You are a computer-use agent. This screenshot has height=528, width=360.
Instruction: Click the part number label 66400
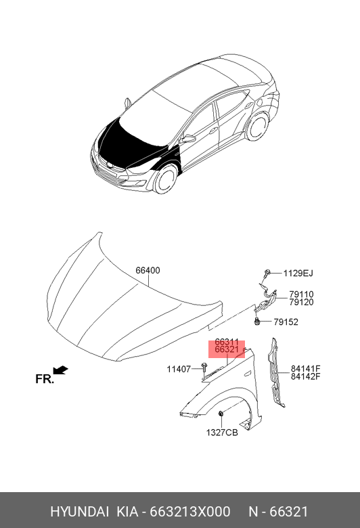[x=148, y=270]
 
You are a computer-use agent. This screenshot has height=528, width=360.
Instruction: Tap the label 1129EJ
[x=298, y=273]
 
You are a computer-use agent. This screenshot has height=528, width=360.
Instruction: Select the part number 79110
[x=301, y=294]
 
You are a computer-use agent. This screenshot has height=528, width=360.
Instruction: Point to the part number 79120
[x=301, y=302]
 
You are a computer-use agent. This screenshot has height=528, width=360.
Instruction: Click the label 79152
[x=286, y=322]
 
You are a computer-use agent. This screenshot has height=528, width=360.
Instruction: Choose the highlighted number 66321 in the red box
[x=227, y=349]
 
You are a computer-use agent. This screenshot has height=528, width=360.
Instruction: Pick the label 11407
[x=179, y=370]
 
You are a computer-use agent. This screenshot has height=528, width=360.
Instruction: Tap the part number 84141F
[x=305, y=369]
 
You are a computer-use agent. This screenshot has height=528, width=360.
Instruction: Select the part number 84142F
[x=305, y=376]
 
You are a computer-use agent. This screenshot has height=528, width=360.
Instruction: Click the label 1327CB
[x=222, y=433]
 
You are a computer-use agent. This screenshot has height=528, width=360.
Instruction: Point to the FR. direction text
[x=45, y=379]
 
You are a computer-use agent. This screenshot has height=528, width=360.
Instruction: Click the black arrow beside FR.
[x=61, y=370]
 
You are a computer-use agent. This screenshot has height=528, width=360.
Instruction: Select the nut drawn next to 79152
[x=257, y=322]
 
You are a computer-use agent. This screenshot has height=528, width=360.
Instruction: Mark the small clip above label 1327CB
[x=221, y=414]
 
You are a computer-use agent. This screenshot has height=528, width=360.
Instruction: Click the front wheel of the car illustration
[x=165, y=179]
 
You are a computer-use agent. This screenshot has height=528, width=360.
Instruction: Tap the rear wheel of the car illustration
[x=258, y=127]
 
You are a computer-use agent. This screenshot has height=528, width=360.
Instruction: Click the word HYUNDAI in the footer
[x=79, y=512]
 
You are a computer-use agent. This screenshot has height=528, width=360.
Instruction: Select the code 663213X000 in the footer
[x=190, y=512]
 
